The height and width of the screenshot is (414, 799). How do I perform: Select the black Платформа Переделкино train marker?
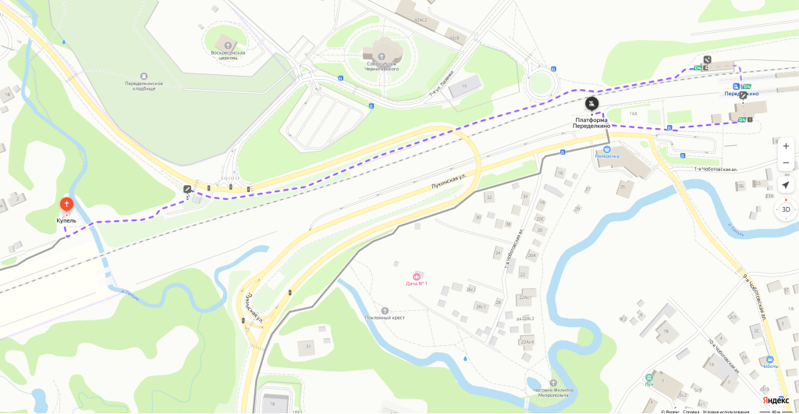point(592,102)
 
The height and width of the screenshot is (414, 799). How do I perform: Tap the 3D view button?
point(785,209)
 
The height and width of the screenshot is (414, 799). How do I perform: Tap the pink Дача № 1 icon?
point(417,276)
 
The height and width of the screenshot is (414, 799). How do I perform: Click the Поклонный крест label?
point(385,318)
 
